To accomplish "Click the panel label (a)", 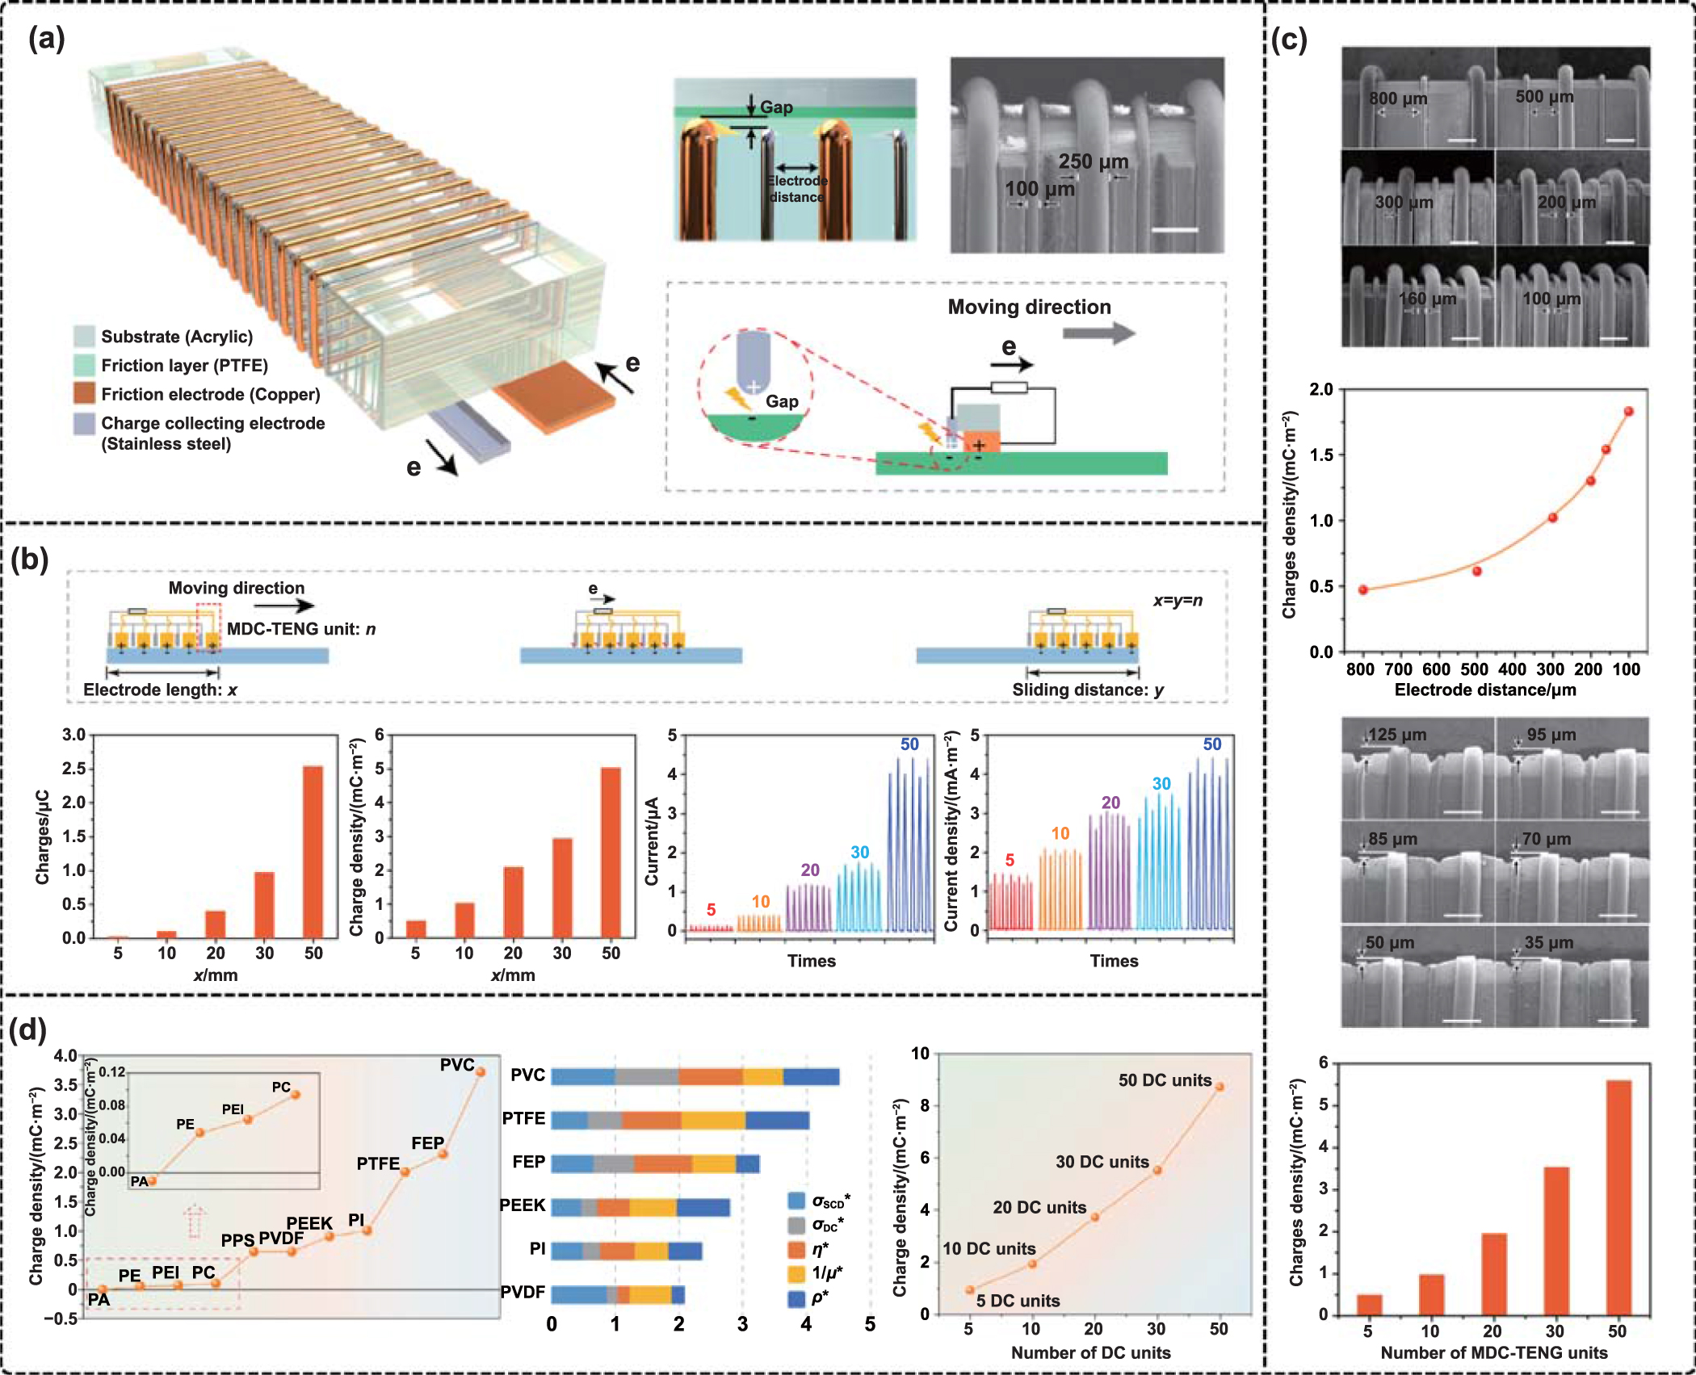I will (x=46, y=38).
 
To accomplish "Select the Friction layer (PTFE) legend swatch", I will (x=84, y=366).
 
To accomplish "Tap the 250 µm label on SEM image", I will (x=1093, y=161).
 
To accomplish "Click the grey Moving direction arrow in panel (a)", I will (x=1098, y=333).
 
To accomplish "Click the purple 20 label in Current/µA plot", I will (x=810, y=870).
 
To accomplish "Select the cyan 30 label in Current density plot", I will (x=1161, y=783).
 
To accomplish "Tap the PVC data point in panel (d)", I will (x=481, y=1071).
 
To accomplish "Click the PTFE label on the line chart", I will (x=378, y=1163).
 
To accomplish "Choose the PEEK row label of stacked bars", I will (x=523, y=1205).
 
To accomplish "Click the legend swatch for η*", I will (x=796, y=1249).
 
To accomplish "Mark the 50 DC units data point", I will (x=1219, y=1087).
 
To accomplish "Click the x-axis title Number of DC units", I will (x=1090, y=1352).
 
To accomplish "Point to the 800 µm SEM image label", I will (x=1398, y=99).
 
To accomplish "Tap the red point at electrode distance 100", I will (x=1629, y=411).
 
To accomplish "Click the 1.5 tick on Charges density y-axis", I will (x=1321, y=455).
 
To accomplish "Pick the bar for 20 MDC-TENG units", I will (x=1493, y=1273).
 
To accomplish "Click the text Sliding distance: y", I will (x=1088, y=690).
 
